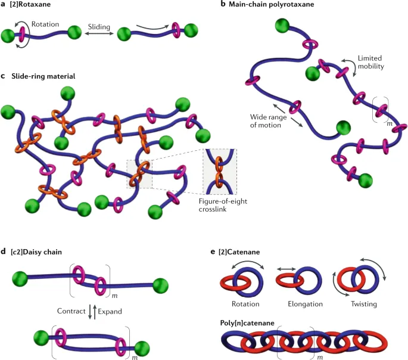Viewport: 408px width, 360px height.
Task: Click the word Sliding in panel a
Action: pyautogui.click(x=99, y=27)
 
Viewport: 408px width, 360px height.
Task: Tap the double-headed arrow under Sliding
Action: pyautogui.click(x=99, y=33)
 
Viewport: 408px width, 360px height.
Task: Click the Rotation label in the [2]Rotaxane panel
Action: pyautogui.click(x=45, y=24)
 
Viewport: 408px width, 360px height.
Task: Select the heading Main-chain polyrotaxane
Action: pyautogui.click(x=272, y=4)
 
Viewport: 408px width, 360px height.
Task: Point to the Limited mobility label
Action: pyautogui.click(x=371, y=62)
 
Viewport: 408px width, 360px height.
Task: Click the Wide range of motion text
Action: pyautogui.click(x=268, y=121)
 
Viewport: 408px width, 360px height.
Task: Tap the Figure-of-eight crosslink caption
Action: pyautogui.click(x=223, y=205)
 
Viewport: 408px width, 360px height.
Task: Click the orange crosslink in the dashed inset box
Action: pyautogui.click(x=219, y=172)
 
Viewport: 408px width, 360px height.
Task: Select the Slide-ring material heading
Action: pyautogui.click(x=43, y=76)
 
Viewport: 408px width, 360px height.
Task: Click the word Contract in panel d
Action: pyautogui.click(x=71, y=311)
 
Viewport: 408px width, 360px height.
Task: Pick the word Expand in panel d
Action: pyautogui.click(x=110, y=312)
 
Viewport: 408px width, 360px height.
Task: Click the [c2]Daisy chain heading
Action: pyautogui.click(x=36, y=252)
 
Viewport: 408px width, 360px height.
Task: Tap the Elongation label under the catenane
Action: pyautogui.click(x=305, y=304)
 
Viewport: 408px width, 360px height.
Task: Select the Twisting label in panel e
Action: pyautogui.click(x=364, y=304)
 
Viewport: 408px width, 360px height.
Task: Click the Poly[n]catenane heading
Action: pyautogui.click(x=247, y=323)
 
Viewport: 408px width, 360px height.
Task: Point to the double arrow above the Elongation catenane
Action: pyautogui.click(x=286, y=269)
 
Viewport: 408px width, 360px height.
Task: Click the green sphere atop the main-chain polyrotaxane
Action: pyautogui.click(x=282, y=26)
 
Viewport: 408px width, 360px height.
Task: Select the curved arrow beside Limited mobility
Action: pyautogui.click(x=350, y=66)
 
